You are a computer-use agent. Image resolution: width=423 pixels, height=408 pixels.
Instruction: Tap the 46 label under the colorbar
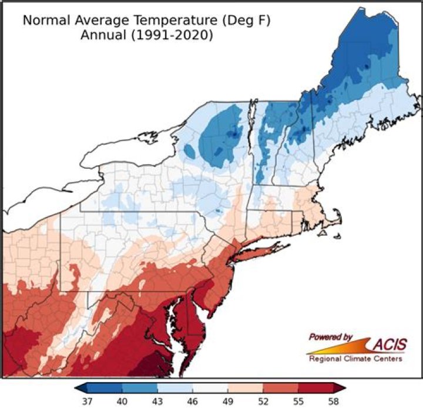pyautogui.click(x=193, y=402)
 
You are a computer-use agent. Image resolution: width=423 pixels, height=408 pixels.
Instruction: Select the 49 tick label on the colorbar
pyautogui.click(x=228, y=402)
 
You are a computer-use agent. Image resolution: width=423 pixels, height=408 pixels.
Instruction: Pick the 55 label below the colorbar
pyautogui.click(x=298, y=402)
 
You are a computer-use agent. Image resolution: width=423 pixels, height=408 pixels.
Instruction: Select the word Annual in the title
pyautogui.click(x=100, y=35)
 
